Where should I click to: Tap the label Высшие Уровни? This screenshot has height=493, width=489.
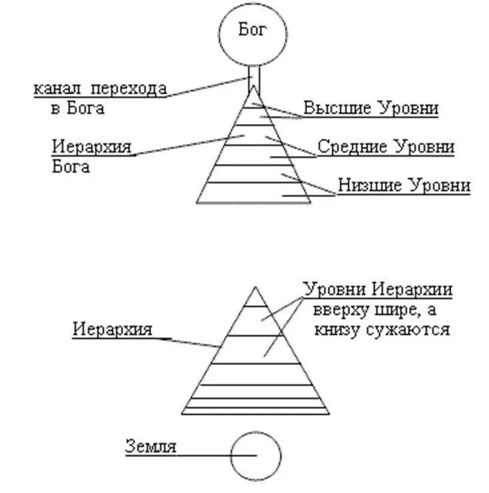point(370,108)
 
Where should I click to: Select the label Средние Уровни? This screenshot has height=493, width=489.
point(385,146)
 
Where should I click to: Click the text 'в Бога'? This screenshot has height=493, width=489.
point(77,108)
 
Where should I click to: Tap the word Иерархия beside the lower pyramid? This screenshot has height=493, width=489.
point(113,329)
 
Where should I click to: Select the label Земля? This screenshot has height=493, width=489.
point(151,446)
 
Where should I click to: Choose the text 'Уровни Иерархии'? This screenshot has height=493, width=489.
point(378,290)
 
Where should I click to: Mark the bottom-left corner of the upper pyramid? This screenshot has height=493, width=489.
point(197,202)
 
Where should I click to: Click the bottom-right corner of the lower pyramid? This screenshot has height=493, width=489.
point(328,413)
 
